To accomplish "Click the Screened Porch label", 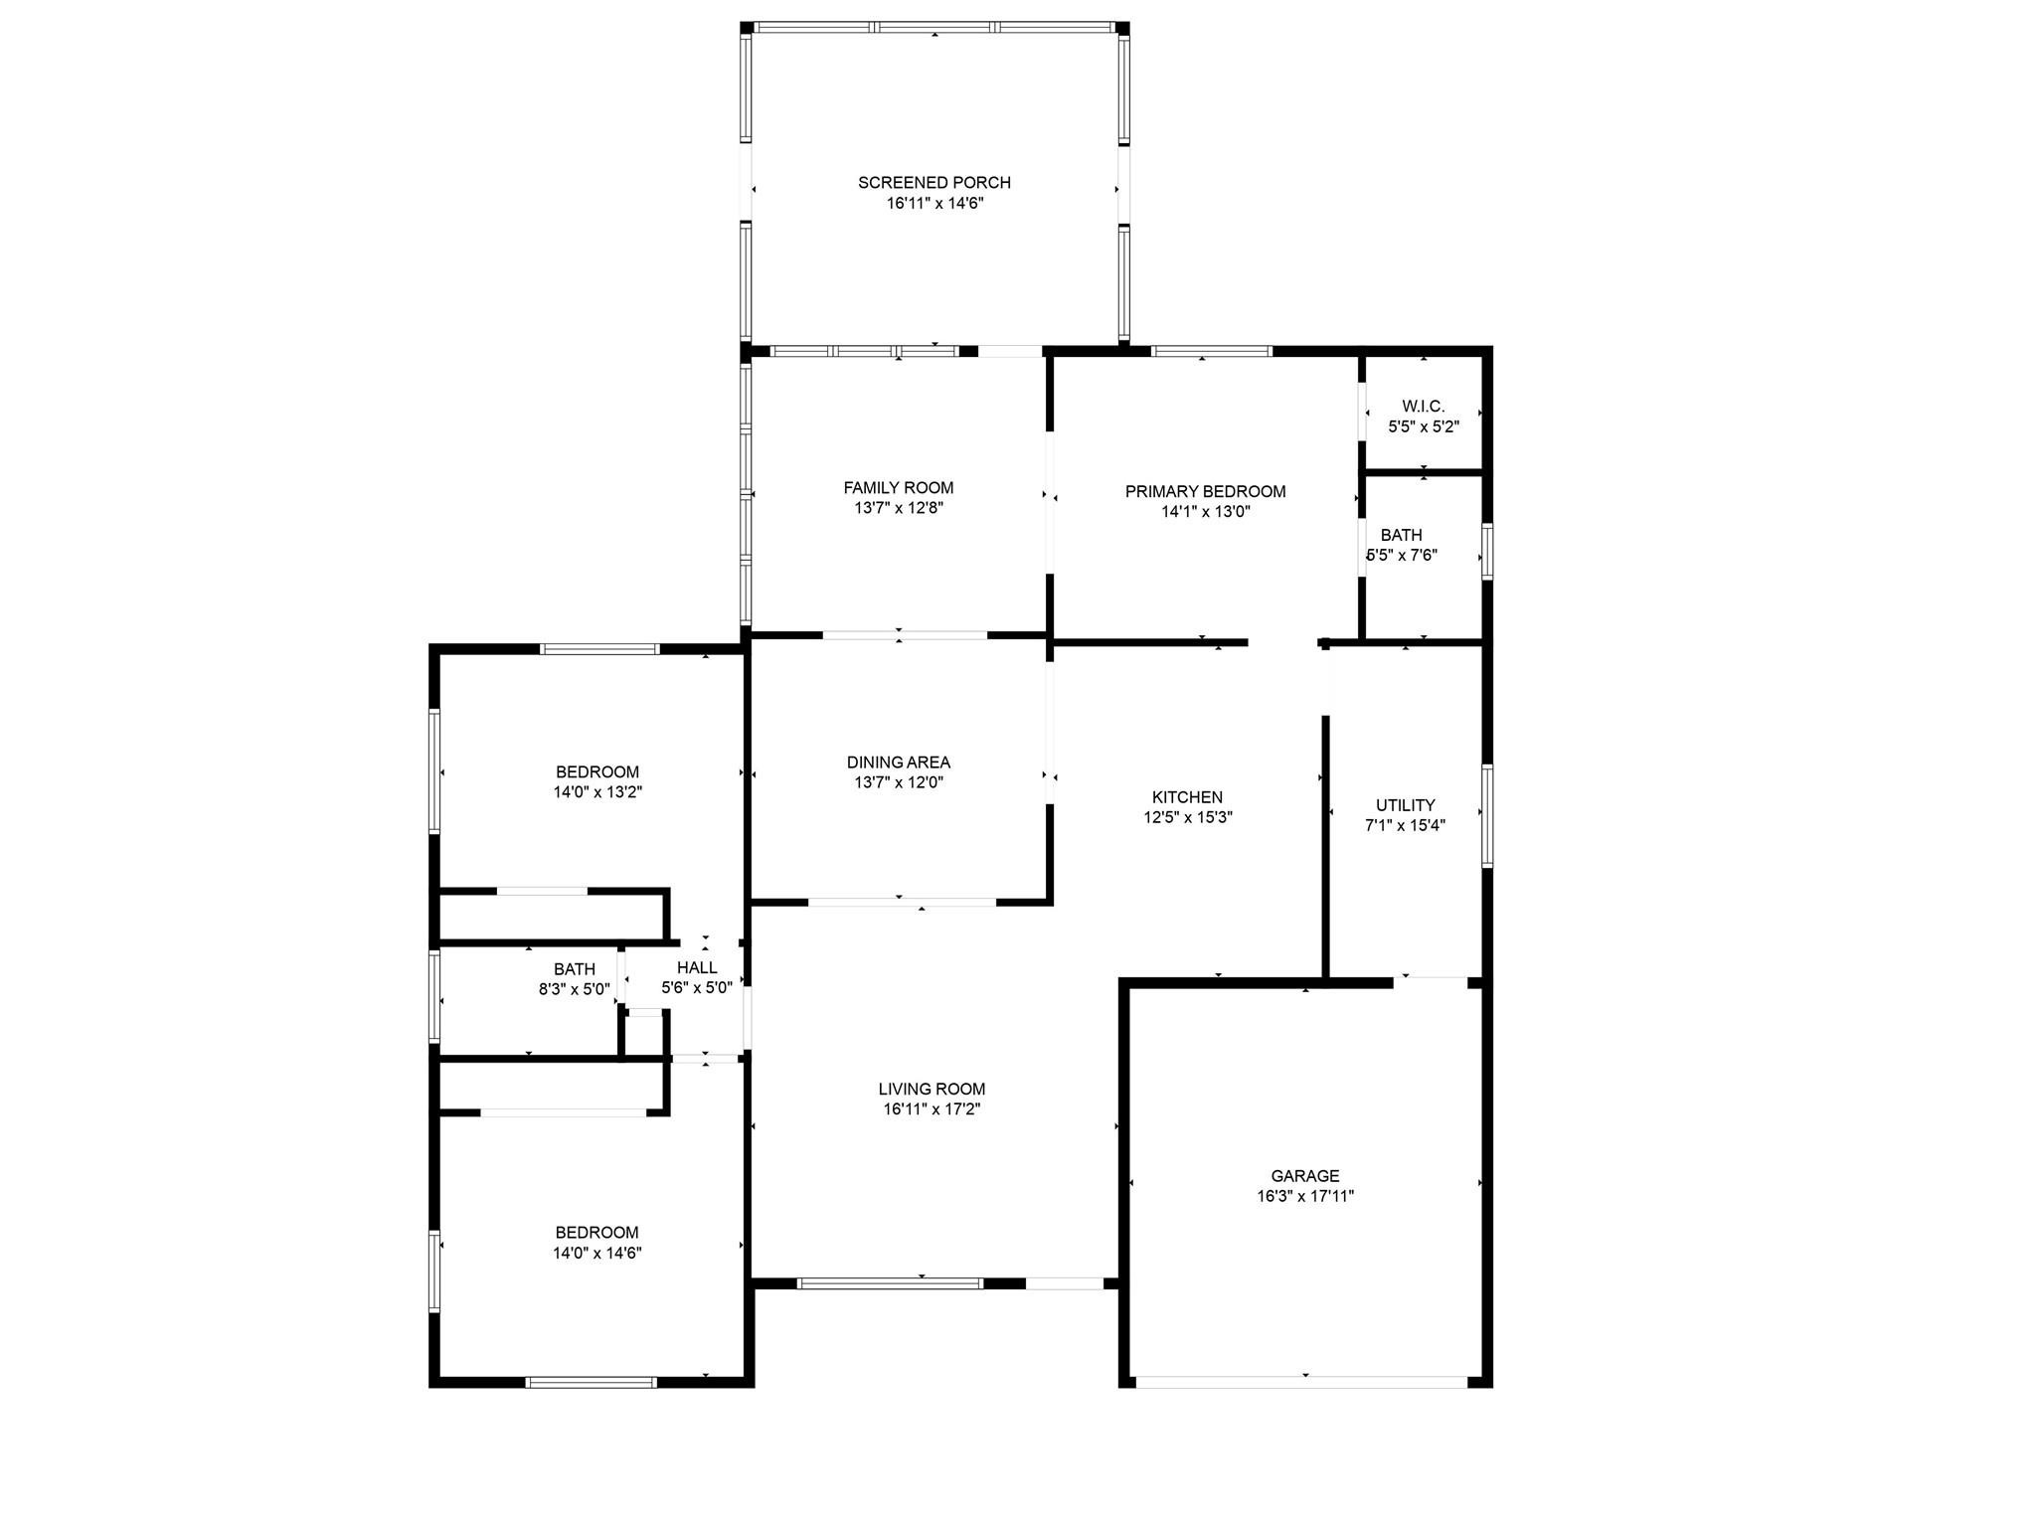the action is pyautogui.click(x=934, y=183).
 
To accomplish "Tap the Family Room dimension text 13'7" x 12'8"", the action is pyautogui.click(x=899, y=508).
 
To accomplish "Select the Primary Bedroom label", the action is pyautogui.click(x=1205, y=491).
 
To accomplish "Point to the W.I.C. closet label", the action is pyautogui.click(x=1424, y=407).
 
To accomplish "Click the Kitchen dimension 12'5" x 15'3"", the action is pyautogui.click(x=1188, y=818).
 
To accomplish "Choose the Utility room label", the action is pyautogui.click(x=1406, y=805).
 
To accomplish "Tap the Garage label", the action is pyautogui.click(x=1305, y=1176).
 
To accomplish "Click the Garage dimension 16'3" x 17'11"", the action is pyautogui.click(x=1305, y=1197).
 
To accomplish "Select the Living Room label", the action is pyautogui.click(x=933, y=1089).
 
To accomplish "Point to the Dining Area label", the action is pyautogui.click(x=899, y=763).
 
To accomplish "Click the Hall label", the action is pyautogui.click(x=697, y=967).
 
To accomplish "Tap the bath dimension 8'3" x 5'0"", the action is pyautogui.click(x=575, y=989).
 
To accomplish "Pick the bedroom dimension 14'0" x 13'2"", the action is pyautogui.click(x=597, y=792).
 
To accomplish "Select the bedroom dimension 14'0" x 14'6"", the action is pyautogui.click(x=597, y=1253).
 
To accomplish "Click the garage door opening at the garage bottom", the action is pyautogui.click(x=1301, y=1381).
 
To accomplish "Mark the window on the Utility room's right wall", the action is pyautogui.click(x=1487, y=816).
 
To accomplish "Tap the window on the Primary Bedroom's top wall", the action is pyautogui.click(x=1212, y=351).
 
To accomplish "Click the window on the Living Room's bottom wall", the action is pyautogui.click(x=891, y=1283).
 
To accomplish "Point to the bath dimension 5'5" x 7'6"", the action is pyautogui.click(x=1402, y=556).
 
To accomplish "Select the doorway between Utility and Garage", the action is pyautogui.click(x=1431, y=982).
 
